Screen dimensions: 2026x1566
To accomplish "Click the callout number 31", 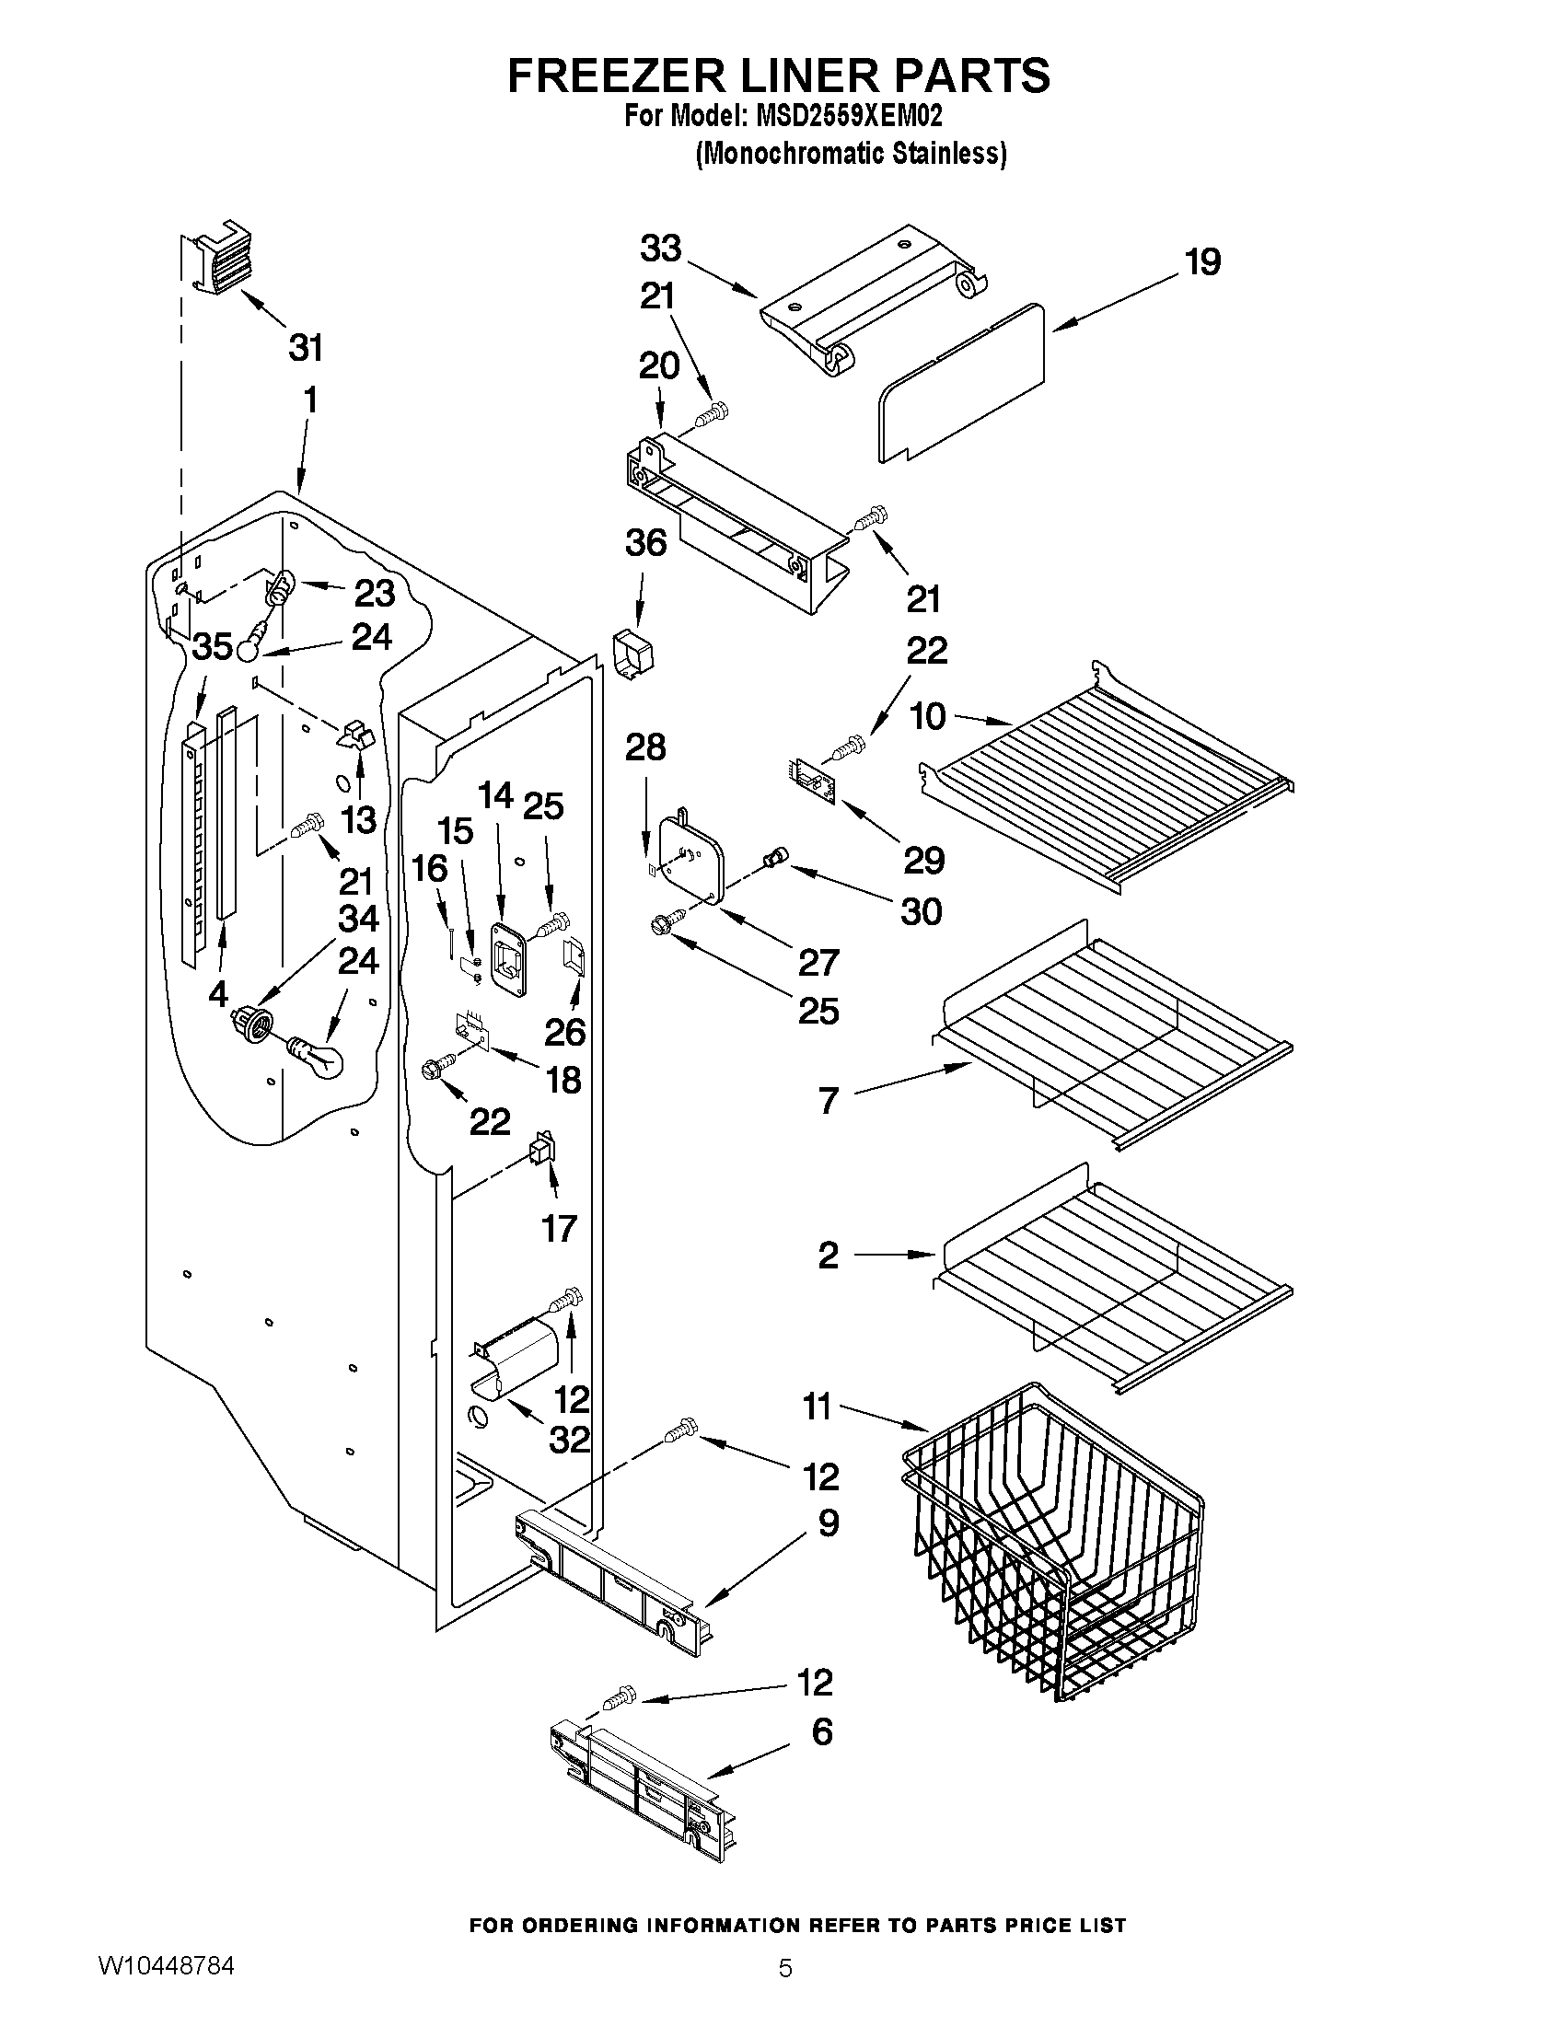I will pyautogui.click(x=306, y=348).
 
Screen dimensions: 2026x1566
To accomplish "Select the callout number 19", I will pyautogui.click(x=1202, y=262).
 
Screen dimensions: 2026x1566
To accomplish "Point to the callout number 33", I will pyautogui.click(x=660, y=249).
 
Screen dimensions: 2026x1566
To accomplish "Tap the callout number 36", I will pyautogui.click(x=645, y=543).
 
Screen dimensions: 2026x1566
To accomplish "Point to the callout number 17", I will pyautogui.click(x=560, y=1229).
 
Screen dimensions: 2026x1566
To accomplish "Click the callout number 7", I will pyautogui.click(x=829, y=1101).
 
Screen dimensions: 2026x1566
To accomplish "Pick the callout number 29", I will pyautogui.click(x=924, y=860).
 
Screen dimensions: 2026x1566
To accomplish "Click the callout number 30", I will pyautogui.click(x=922, y=911).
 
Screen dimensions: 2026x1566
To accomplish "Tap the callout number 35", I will pyautogui.click(x=212, y=646).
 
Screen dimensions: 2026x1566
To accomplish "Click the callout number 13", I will pyautogui.click(x=359, y=819).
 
